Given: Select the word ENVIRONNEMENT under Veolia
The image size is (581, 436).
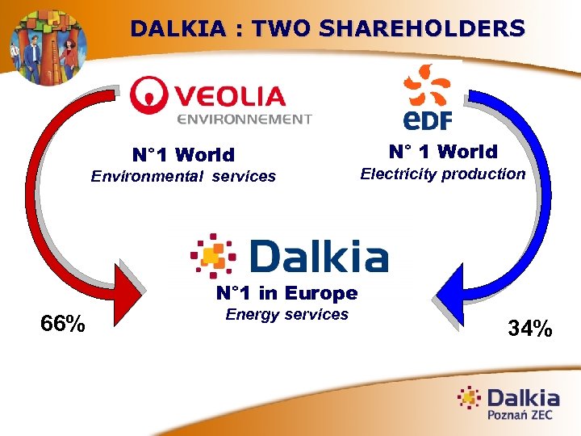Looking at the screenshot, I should pyautogui.click(x=244, y=119).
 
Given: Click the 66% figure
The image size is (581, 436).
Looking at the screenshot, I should pyautogui.click(x=63, y=324).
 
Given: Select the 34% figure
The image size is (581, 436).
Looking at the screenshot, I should pyautogui.click(x=529, y=328).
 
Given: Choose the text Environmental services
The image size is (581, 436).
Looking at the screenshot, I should pyautogui.click(x=183, y=176).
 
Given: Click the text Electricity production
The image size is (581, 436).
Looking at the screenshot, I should pyautogui.click(x=442, y=174).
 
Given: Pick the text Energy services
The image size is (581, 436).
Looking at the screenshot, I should pyautogui.click(x=286, y=314).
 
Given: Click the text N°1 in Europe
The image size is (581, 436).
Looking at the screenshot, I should pyautogui.click(x=286, y=293).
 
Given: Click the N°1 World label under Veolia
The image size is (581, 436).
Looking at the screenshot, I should pyautogui.click(x=183, y=154).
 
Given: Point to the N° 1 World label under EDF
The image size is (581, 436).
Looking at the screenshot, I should pyautogui.click(x=442, y=152).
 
